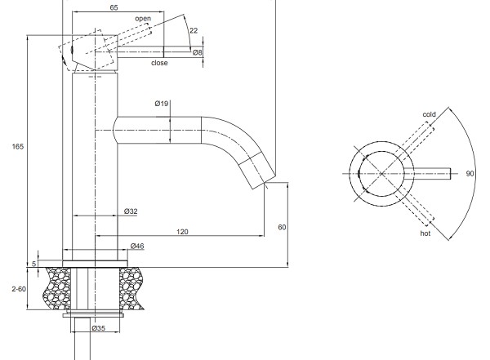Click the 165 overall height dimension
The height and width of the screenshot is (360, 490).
[x=17, y=146]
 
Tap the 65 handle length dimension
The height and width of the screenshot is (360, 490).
[x=114, y=7]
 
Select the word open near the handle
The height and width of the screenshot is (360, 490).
[x=143, y=19]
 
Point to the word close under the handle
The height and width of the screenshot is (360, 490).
[x=159, y=63]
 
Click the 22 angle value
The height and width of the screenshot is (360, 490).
[x=194, y=30]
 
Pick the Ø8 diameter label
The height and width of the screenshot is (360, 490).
[x=198, y=52]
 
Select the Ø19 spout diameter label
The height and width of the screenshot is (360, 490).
[x=161, y=104]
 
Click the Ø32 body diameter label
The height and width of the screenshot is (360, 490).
[x=131, y=211]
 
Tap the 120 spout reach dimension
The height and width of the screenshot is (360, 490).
[x=182, y=232]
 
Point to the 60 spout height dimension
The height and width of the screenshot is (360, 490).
[x=282, y=227]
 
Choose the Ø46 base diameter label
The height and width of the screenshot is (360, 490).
[x=137, y=246]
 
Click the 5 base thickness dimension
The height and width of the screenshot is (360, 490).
[x=34, y=264]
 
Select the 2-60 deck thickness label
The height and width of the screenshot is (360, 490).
[x=19, y=289]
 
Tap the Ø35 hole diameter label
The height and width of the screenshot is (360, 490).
[x=99, y=328]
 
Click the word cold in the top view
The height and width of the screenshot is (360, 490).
[x=429, y=114]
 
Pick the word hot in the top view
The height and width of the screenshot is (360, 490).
[x=425, y=233]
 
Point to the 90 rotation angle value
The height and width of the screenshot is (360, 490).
[x=470, y=173]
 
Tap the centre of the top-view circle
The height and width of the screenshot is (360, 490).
[x=381, y=174]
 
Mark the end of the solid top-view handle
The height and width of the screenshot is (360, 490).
[x=450, y=174]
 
